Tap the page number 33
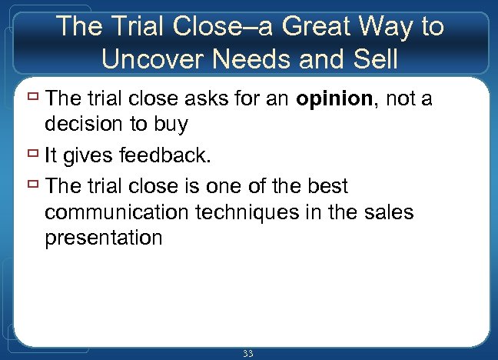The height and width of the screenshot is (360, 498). [247, 353]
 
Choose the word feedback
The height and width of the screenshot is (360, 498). [163, 156]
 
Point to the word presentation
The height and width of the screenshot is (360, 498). [104, 238]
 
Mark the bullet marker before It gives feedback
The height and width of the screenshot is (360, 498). [34, 155]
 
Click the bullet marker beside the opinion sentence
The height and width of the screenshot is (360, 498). [34, 98]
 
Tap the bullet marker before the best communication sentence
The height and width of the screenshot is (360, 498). [34, 185]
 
